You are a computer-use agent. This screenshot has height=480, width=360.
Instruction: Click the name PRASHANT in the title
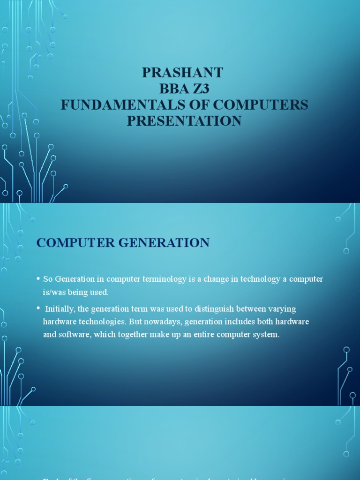[183, 73]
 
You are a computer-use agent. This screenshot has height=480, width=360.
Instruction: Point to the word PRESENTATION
[184, 121]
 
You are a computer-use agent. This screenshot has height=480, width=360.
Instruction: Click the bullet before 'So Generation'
[38, 279]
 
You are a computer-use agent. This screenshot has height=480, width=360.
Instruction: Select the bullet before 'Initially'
[38, 308]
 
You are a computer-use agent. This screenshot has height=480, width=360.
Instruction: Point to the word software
[72, 335]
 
